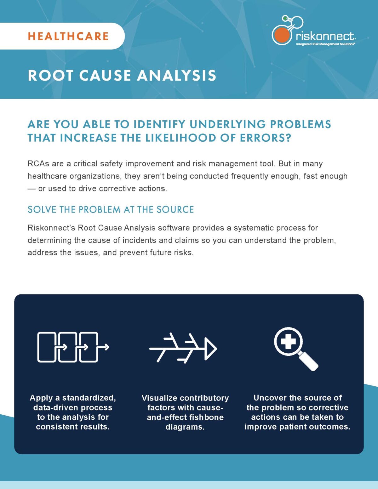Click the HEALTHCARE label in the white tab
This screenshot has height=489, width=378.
(x=68, y=36)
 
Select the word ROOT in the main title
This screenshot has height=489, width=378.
(x=50, y=76)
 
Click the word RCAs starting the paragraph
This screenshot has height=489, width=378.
(x=38, y=164)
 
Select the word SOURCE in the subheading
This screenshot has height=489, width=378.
(x=175, y=210)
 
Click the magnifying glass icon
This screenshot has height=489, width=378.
(x=295, y=348)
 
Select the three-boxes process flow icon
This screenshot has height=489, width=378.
(x=73, y=347)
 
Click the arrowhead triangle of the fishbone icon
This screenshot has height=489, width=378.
(x=210, y=348)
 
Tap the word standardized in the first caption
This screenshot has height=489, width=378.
(x=89, y=398)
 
